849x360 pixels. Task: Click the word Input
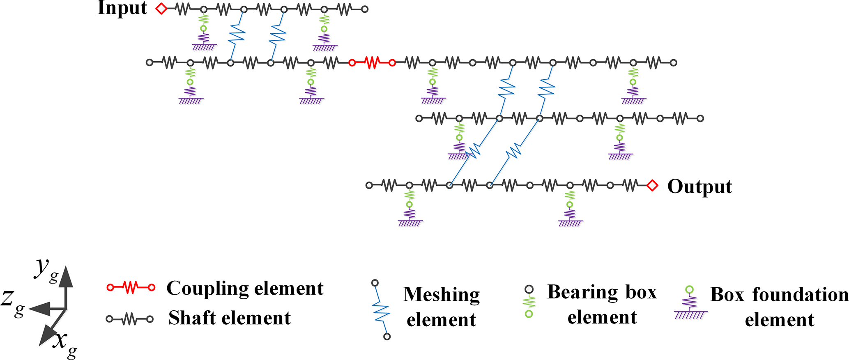122,8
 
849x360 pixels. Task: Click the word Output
699,187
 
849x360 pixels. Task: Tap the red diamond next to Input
161,9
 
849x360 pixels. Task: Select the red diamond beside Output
652,185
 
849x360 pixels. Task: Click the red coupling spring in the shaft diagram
372,63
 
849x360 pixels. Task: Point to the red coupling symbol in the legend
131,288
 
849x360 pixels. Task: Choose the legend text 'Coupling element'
245,288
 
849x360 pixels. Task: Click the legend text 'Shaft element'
229,318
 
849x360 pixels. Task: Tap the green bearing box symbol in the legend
529,302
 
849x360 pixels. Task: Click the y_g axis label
46,270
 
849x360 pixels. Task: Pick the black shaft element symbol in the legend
130,319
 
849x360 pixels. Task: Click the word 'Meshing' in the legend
441,295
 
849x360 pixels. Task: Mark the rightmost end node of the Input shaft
365,9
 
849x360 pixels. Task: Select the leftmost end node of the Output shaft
369,185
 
